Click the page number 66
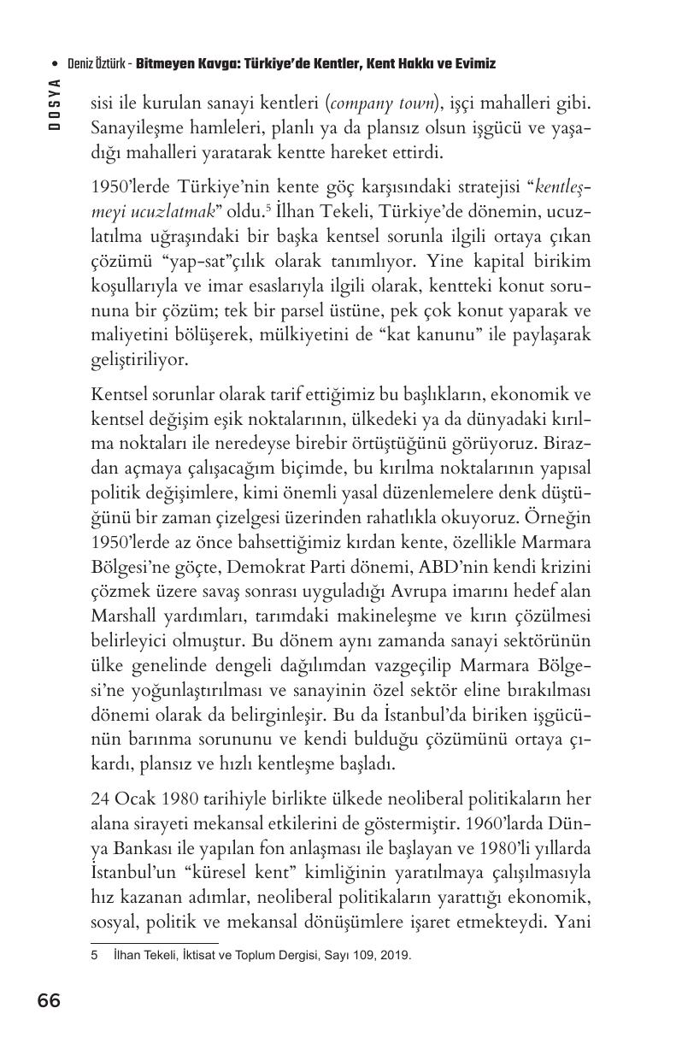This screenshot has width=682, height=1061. tap(49, 1000)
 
